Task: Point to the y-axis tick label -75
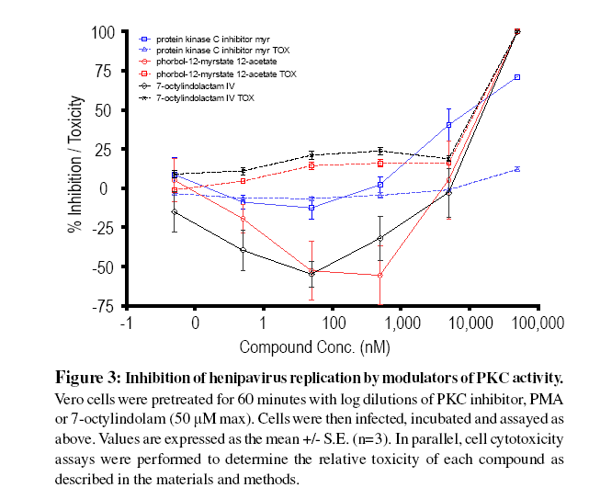pos(100,307)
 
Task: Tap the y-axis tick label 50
pos(104,110)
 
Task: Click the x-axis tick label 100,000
pos(537,324)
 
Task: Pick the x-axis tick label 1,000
pos(402,324)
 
